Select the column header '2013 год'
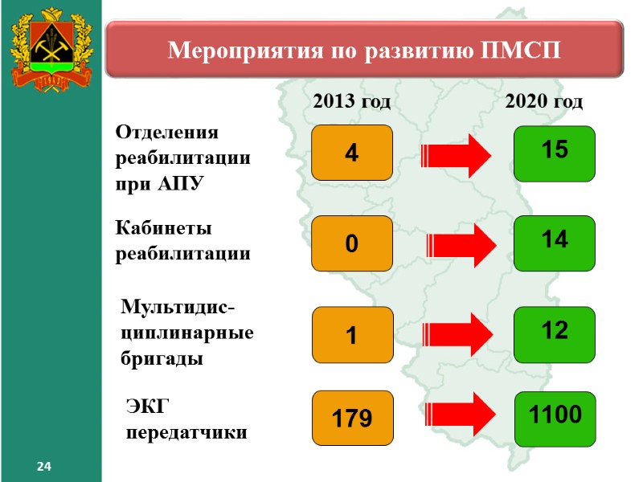[x=351, y=102]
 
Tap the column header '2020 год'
[x=544, y=102]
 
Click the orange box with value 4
[x=352, y=152]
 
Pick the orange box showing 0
[x=352, y=243]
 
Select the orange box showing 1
[x=352, y=334]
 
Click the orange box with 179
[x=352, y=418]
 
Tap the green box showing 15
[x=555, y=152]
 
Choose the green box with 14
[x=555, y=242]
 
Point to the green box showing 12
[x=555, y=333]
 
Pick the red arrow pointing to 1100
[x=457, y=415]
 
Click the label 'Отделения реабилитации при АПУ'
[x=183, y=157]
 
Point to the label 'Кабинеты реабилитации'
[x=183, y=242]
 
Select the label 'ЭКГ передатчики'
[x=186, y=420]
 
